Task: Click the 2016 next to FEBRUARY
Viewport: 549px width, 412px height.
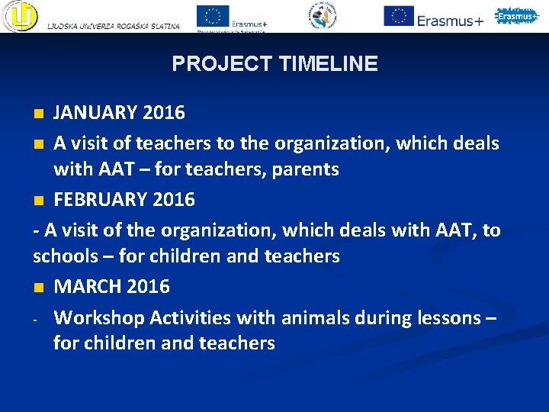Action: coord(175,200)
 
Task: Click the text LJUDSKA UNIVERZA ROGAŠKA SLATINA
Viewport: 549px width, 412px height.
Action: coord(114,26)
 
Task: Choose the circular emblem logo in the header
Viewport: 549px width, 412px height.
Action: coord(323,15)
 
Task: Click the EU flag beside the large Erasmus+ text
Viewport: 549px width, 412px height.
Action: coord(398,16)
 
